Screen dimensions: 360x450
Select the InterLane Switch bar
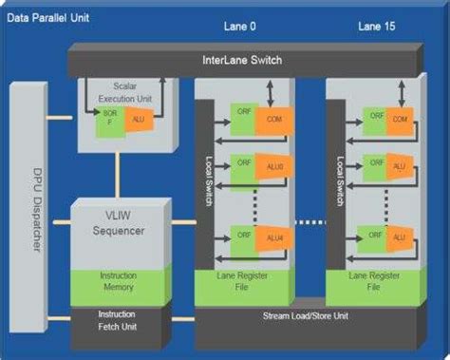point(242,61)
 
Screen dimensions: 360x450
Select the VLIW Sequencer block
point(117,223)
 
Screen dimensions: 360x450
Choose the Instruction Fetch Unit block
point(117,320)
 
